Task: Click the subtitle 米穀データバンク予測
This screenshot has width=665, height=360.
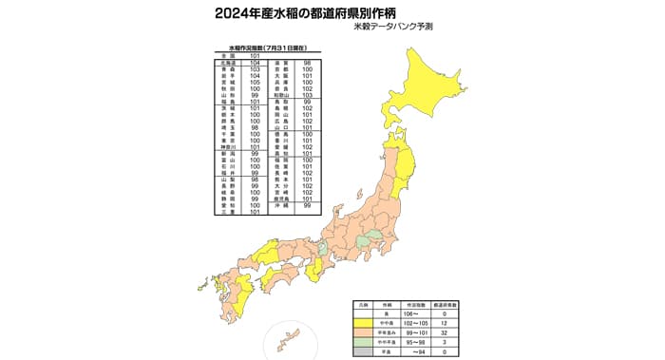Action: click(x=418, y=30)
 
